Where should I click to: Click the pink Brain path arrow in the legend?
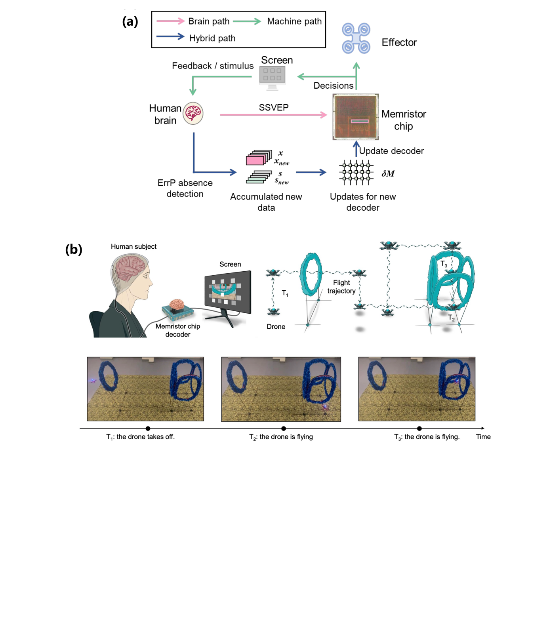170,21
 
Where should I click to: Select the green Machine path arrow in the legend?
247,21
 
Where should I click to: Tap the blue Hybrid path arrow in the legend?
170,37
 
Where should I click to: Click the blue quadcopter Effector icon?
356,38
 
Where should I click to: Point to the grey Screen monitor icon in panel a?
273,76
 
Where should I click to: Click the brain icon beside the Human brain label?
193,113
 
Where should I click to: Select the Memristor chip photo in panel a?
356,117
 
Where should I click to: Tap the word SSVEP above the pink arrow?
274,107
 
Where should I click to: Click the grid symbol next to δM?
356,173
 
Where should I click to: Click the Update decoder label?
391,151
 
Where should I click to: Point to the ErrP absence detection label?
185,188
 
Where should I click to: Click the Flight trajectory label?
341,287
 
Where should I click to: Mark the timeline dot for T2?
284,428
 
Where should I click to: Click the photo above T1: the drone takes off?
145,389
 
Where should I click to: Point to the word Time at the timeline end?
483,437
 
